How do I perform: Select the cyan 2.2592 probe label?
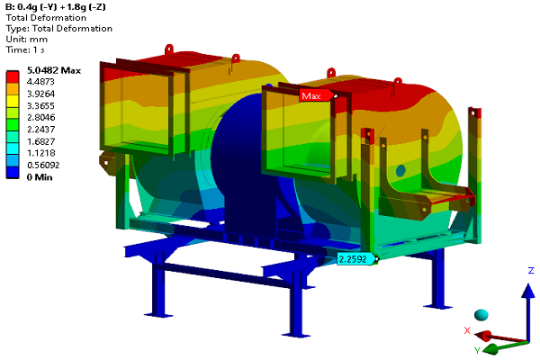click(x=355, y=259)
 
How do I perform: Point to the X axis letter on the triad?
click(x=467, y=330)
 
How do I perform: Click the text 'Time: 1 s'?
click(x=27, y=49)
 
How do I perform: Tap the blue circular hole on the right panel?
click(x=400, y=169)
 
